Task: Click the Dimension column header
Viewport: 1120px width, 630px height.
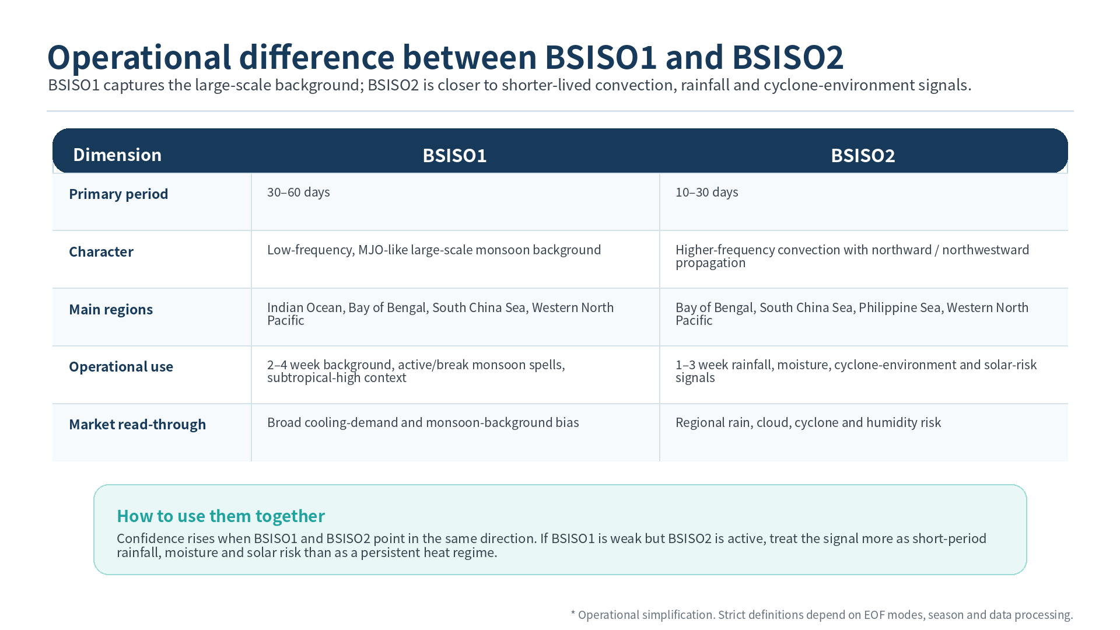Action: click(117, 155)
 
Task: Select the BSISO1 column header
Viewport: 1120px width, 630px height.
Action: click(454, 155)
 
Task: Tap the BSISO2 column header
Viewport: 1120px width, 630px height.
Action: click(863, 155)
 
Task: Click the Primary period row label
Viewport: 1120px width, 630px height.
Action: click(118, 194)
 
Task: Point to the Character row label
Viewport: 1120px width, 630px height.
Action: click(101, 251)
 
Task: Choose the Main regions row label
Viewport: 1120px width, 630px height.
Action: click(111, 309)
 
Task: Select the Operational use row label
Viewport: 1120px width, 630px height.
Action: click(121, 366)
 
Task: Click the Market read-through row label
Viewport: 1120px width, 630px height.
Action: click(137, 424)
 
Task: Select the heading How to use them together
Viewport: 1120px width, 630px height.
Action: click(220, 516)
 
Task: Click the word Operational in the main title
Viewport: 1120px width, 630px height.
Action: click(139, 57)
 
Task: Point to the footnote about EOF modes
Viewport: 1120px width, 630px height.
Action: click(822, 615)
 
